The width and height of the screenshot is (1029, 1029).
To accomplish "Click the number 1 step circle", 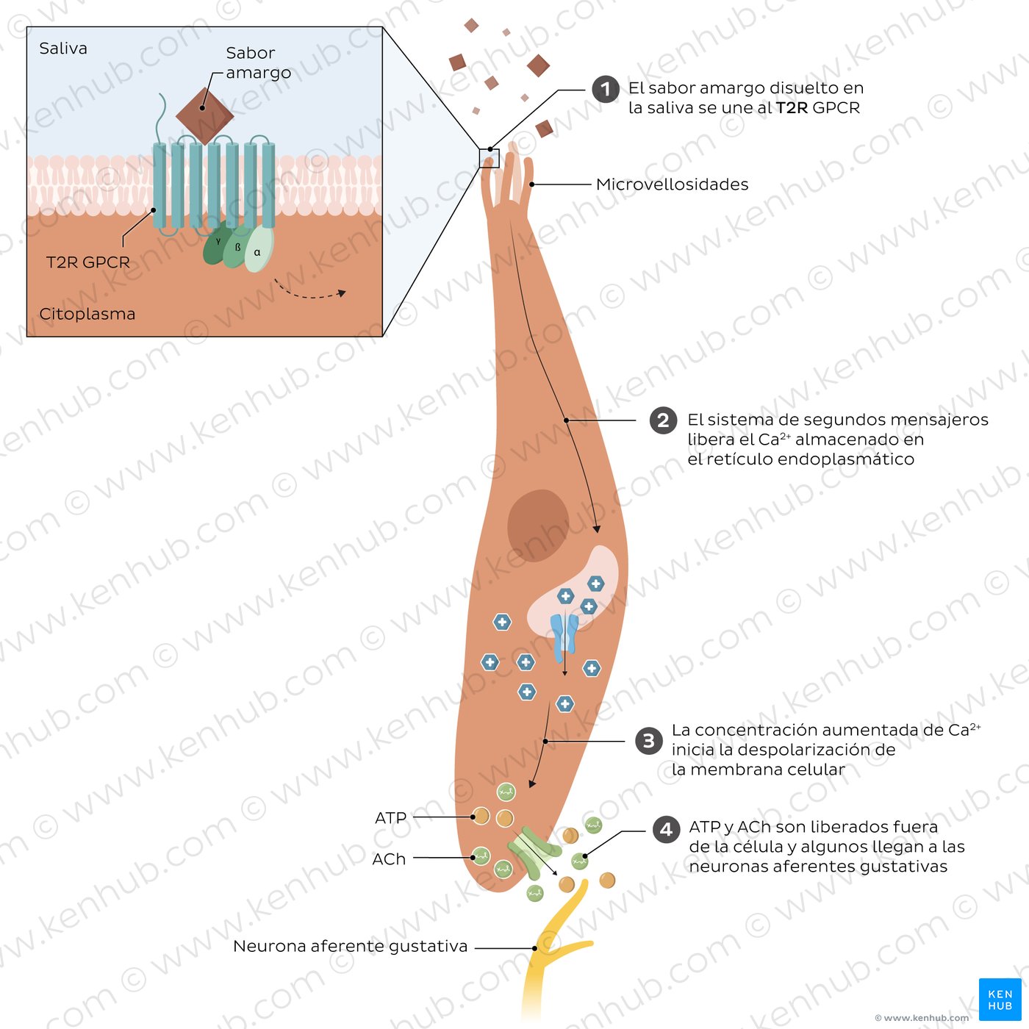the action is pos(605,89).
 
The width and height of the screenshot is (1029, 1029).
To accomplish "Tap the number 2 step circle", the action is pos(663,420).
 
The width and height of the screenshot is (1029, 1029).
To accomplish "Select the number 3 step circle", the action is pos(649,741).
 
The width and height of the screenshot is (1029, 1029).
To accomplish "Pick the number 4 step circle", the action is pos(666,830).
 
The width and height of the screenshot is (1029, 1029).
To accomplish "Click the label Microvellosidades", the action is pos(672,184).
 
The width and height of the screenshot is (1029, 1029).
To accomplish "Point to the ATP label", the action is pos(391,817).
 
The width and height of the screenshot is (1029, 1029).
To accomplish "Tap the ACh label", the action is pos(389,859).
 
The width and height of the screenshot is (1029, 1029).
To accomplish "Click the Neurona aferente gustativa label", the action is pos(351,946).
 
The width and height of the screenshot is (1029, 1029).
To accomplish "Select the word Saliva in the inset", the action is pos(63,49).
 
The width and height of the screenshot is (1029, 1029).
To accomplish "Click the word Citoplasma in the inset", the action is pos(87,314).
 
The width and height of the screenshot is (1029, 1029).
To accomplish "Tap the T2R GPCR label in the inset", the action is pos(87,262).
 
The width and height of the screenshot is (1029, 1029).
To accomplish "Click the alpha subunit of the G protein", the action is pos(259,249).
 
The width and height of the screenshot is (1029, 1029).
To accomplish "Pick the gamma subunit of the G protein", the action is pos(217,244).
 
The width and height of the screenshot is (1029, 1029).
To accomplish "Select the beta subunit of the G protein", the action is pos(237,246).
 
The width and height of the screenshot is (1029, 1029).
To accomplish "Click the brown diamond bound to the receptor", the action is pos(204,116).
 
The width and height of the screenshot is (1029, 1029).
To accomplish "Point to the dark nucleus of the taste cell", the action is pos(538,526).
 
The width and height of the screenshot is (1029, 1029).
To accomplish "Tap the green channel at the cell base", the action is pos(534,853).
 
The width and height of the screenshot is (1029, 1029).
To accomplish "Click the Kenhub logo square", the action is pos(1000,1000).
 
